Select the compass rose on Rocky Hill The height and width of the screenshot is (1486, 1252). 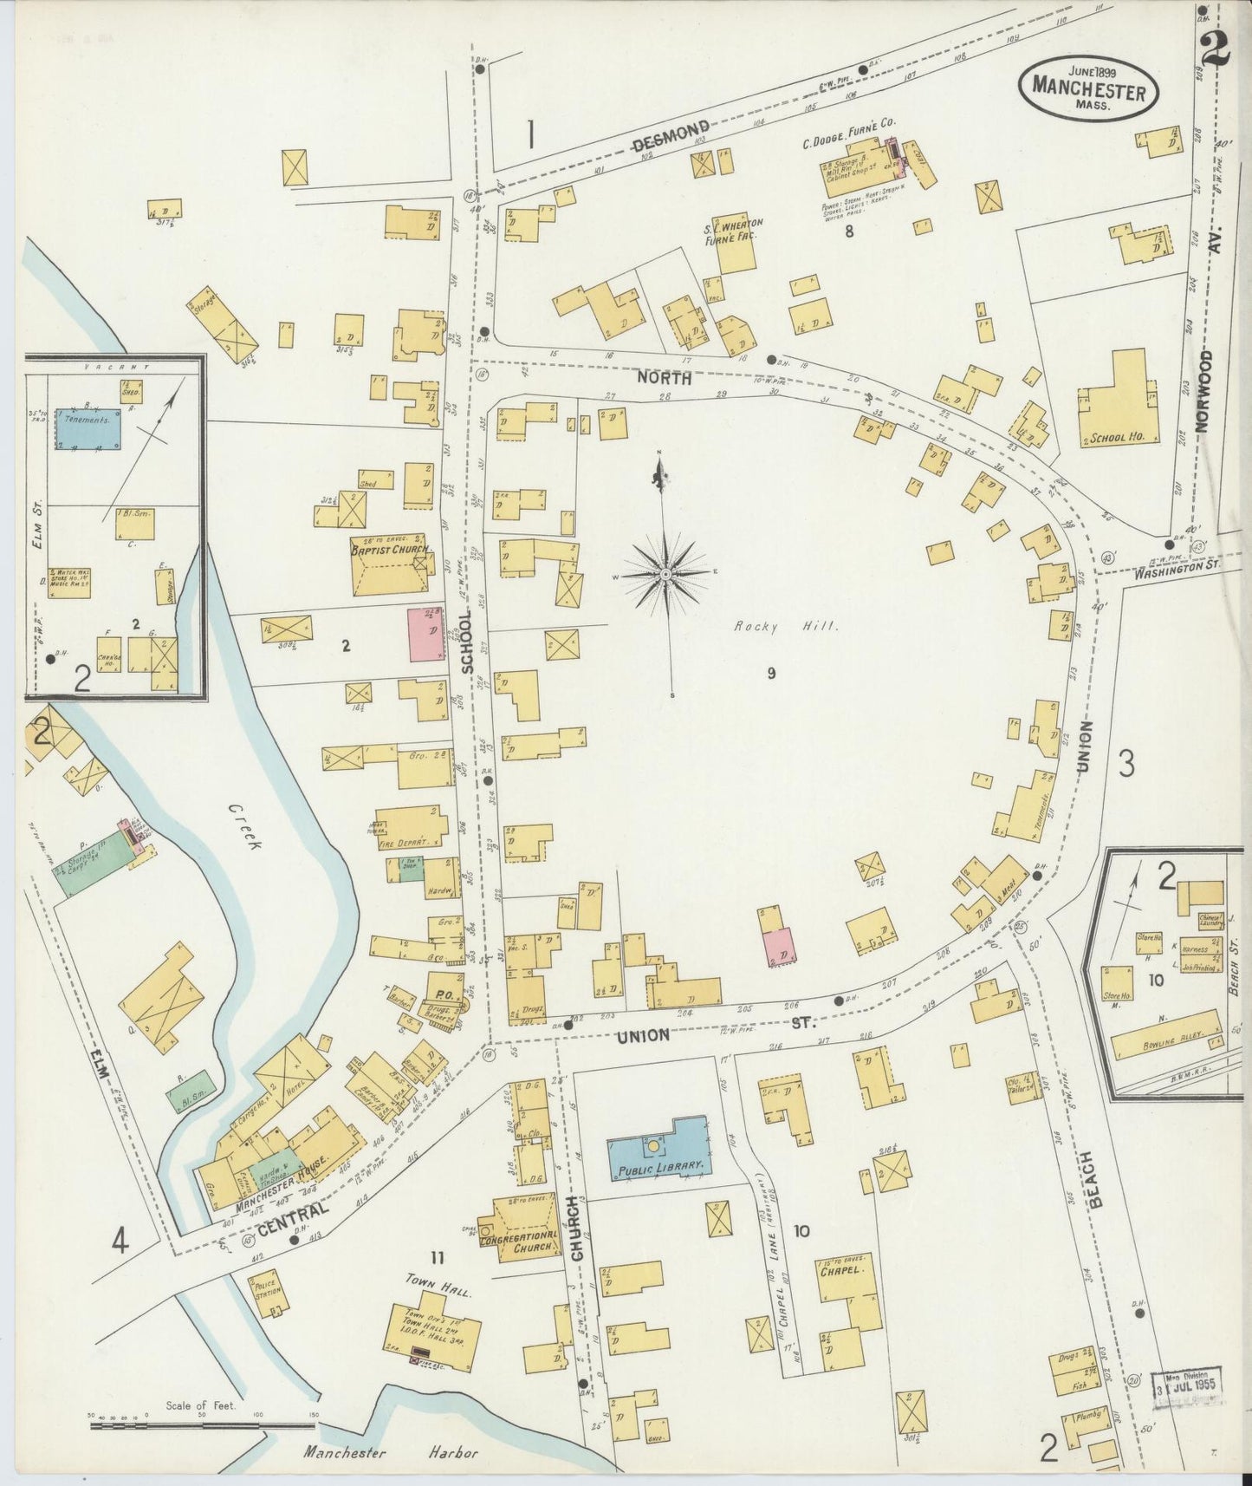pyautogui.click(x=665, y=574)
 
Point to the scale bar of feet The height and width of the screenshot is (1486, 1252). pyautogui.click(x=202, y=1424)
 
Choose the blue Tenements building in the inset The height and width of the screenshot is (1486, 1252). pyautogui.click(x=88, y=428)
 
